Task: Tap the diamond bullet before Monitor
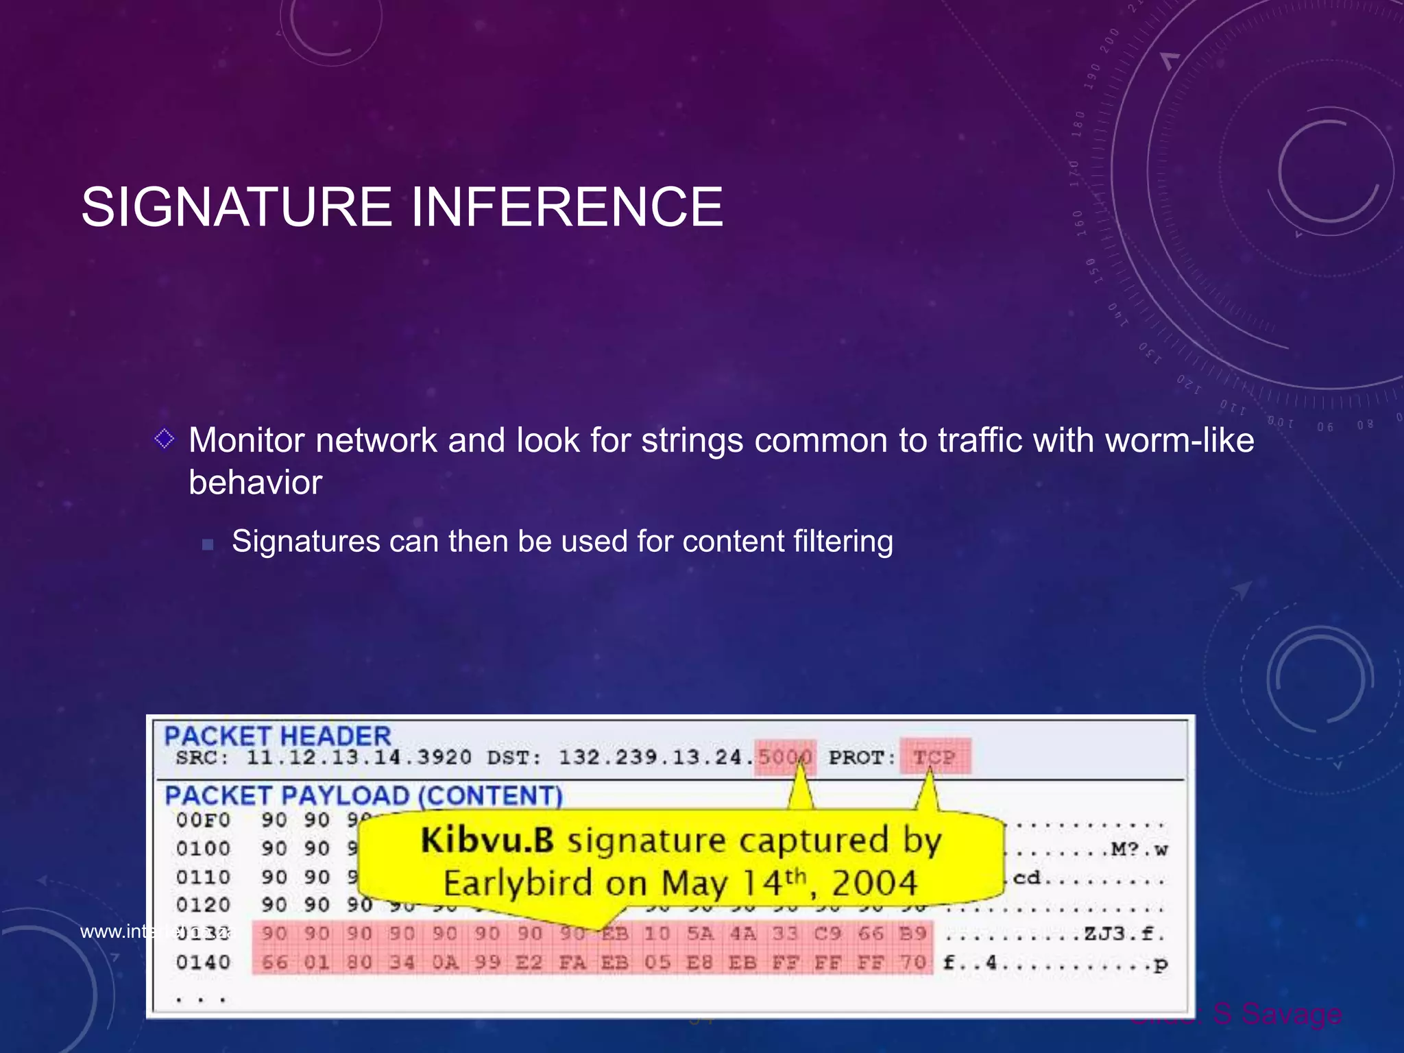coord(165,438)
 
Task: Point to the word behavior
coord(255,483)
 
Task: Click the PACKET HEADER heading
coord(278,736)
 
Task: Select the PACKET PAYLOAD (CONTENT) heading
coord(363,796)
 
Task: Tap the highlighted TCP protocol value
coord(934,758)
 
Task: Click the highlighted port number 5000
coord(785,758)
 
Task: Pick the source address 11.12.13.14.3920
coord(359,758)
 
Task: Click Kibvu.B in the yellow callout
coord(487,840)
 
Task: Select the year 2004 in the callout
coord(874,883)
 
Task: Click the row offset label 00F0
coord(203,820)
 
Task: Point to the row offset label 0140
coord(203,963)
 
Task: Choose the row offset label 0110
coord(203,877)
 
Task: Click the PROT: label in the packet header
coord(862,758)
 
